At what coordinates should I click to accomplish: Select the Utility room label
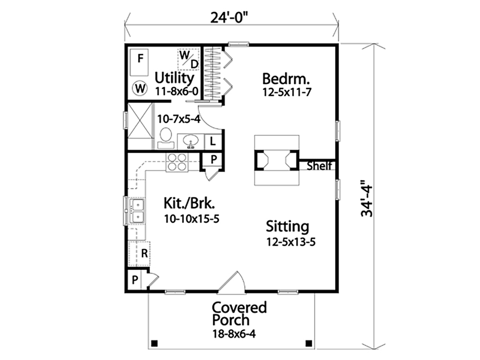[174, 78]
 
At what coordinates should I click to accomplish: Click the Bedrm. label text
[286, 79]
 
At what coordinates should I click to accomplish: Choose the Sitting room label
[288, 227]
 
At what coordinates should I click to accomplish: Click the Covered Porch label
[239, 314]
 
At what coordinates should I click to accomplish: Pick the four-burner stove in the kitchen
[177, 162]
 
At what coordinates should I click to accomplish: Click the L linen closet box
[212, 141]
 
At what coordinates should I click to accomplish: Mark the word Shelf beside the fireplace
[319, 166]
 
